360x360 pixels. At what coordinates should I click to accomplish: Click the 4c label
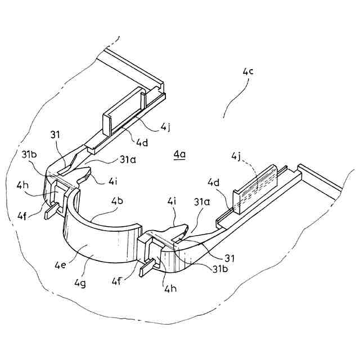(248, 72)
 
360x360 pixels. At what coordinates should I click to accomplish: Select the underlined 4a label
(179, 154)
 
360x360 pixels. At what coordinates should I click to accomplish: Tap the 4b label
(117, 201)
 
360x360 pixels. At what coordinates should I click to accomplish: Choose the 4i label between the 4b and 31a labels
(171, 201)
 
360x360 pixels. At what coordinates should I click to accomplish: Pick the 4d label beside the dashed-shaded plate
(213, 182)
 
